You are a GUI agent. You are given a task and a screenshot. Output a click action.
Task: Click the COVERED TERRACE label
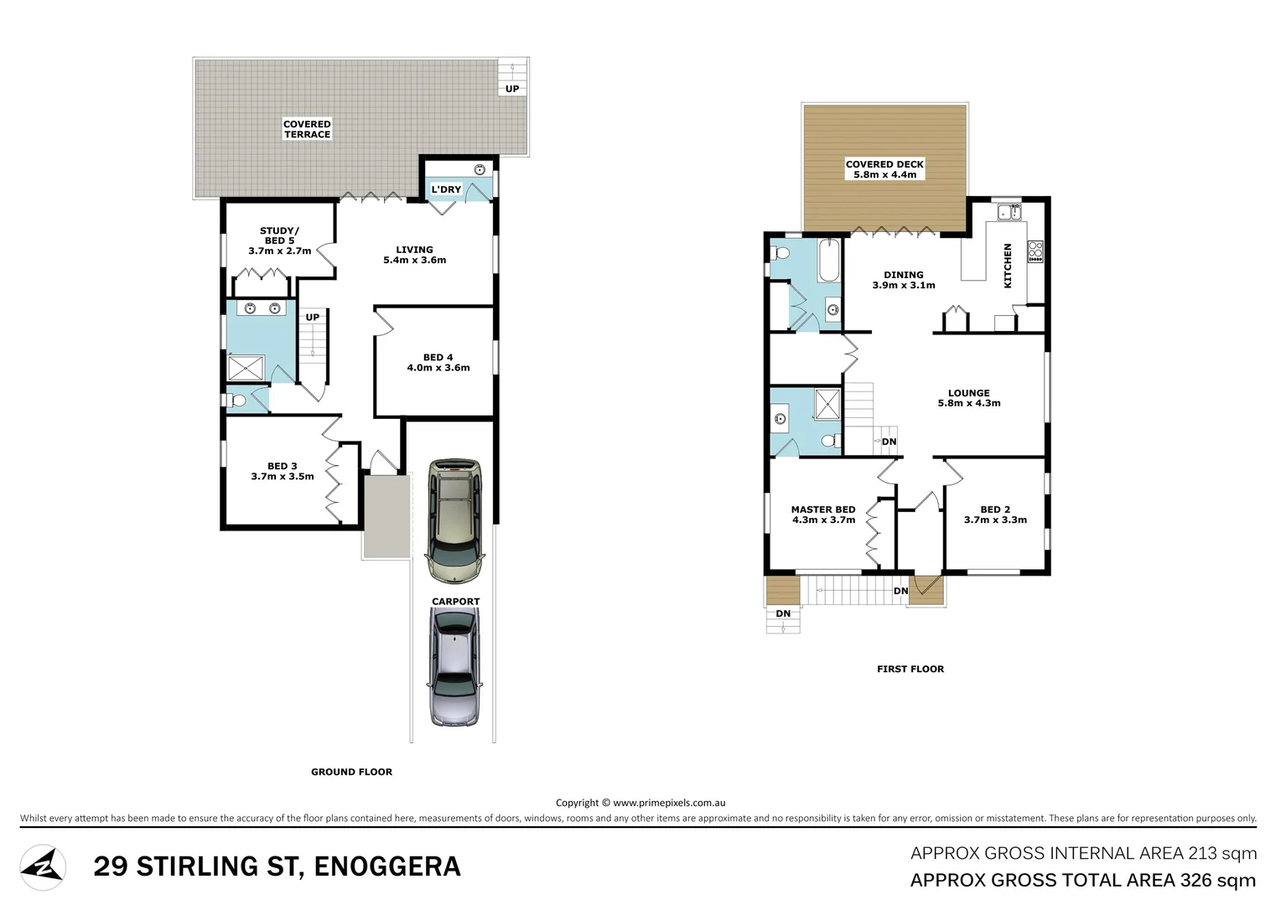(x=307, y=129)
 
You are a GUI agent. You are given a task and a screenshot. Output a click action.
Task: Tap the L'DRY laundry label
(x=446, y=189)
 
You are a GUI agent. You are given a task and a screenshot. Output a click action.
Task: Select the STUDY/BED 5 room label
(x=279, y=240)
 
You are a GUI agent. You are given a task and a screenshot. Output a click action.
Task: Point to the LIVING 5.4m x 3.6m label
(x=414, y=255)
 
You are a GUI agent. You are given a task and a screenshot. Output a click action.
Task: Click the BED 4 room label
(x=438, y=363)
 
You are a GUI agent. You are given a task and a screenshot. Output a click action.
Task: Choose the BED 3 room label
(x=282, y=472)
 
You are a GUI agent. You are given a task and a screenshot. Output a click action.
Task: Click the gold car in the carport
(x=454, y=520)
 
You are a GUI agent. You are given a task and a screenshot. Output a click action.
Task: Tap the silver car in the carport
(x=454, y=666)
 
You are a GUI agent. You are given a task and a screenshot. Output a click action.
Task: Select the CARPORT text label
(x=455, y=602)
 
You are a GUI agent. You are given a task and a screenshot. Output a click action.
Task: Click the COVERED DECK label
(x=884, y=169)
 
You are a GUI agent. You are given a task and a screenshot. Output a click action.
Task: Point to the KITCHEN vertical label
(x=1008, y=266)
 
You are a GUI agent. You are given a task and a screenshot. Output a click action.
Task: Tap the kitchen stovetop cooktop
(x=1035, y=251)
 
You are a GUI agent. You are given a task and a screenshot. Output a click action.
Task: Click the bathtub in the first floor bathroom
(x=827, y=261)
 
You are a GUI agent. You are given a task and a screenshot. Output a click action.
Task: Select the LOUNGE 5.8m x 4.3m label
(x=968, y=398)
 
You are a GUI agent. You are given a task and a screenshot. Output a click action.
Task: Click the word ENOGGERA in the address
(x=386, y=866)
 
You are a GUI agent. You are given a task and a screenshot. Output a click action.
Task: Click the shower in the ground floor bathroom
(x=247, y=369)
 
